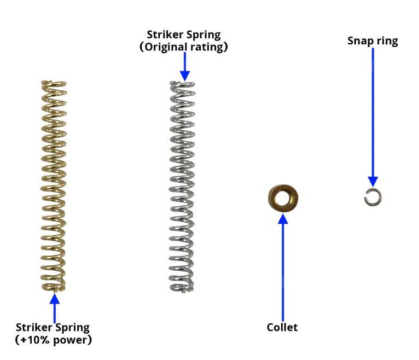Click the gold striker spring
pos(54,186)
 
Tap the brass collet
pos(282,199)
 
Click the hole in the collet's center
pos(282,198)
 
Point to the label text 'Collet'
pos(282,328)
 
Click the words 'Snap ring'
pos(373,41)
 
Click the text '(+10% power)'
pos(54,340)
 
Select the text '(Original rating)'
pos(183,47)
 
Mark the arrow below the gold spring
pos(54,306)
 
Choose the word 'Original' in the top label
pos(168,47)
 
